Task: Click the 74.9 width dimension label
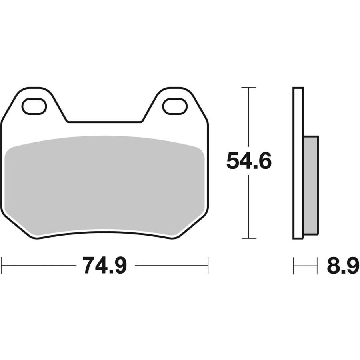click(x=105, y=266)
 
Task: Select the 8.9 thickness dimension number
click(x=343, y=266)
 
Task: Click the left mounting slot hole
click(x=34, y=106)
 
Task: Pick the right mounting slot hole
click(x=175, y=106)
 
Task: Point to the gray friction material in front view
click(x=104, y=186)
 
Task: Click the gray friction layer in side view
click(x=311, y=186)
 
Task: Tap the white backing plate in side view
click(x=298, y=163)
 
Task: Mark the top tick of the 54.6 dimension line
click(x=249, y=88)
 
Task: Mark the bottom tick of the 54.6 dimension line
click(x=249, y=238)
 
